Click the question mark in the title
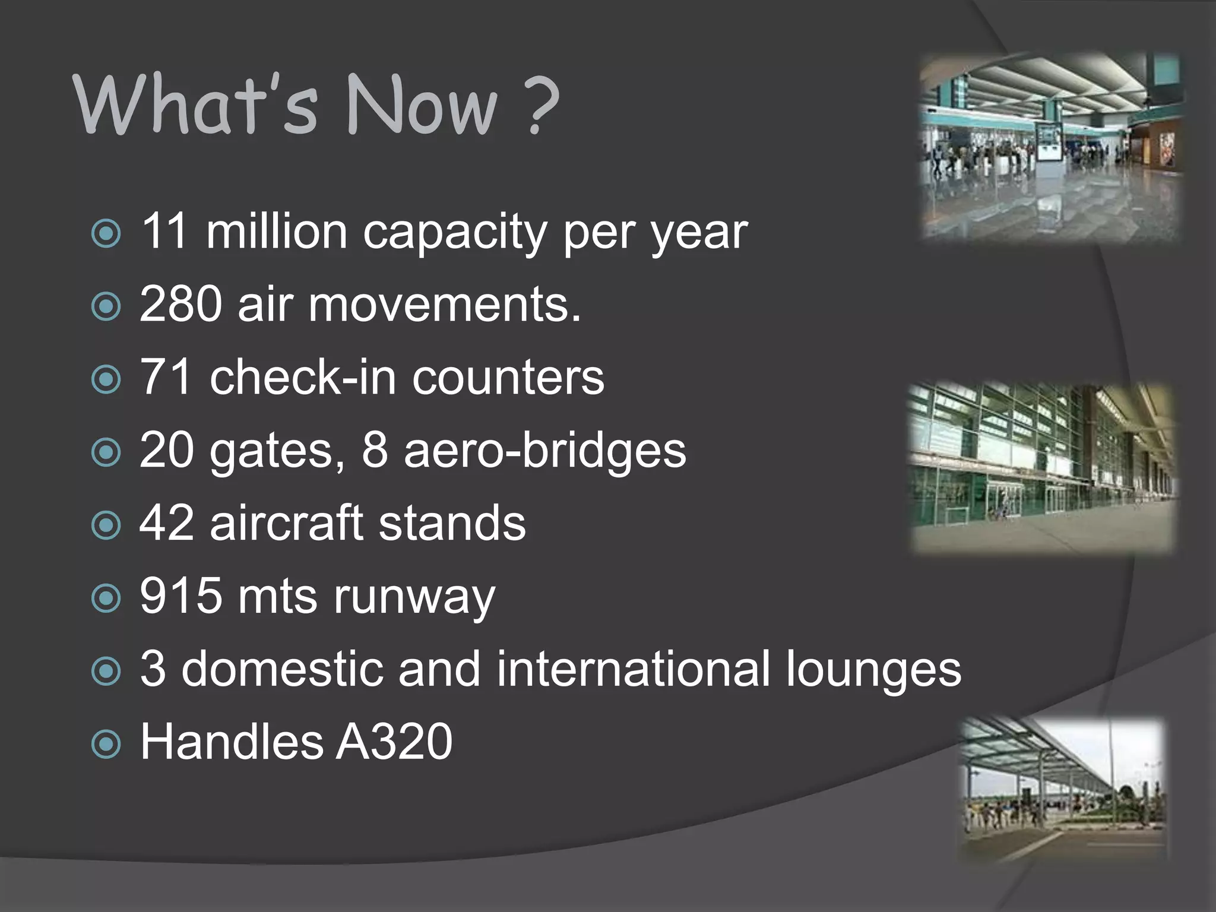coord(542,105)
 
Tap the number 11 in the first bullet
coord(165,231)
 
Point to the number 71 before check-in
coord(166,377)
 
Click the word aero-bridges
coord(544,450)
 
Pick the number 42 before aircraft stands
coord(166,523)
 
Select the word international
coord(632,669)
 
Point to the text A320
coord(394,742)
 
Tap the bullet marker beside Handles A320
coord(107,744)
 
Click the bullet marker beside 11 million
coord(107,233)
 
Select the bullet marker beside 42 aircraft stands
coord(107,525)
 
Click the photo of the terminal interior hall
coord(1049,147)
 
